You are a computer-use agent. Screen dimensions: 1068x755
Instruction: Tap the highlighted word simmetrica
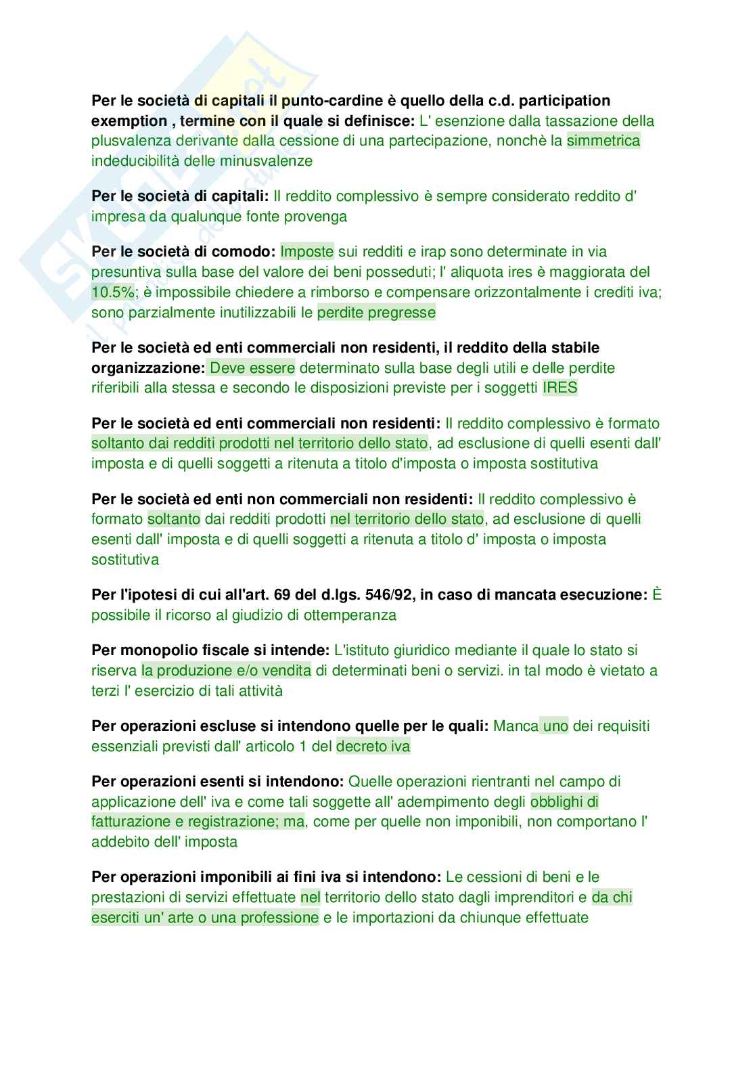603,141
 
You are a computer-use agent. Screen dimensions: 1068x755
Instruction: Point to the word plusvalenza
129,141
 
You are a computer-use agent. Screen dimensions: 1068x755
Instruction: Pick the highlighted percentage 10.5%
112,292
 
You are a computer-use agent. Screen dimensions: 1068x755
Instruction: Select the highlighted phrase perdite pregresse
376,313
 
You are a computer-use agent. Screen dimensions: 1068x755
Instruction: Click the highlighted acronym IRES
560,388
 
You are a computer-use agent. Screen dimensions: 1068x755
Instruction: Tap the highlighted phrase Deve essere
252,368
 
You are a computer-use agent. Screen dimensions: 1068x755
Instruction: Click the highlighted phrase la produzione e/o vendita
226,671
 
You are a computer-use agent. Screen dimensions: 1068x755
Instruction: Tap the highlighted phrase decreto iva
373,747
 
